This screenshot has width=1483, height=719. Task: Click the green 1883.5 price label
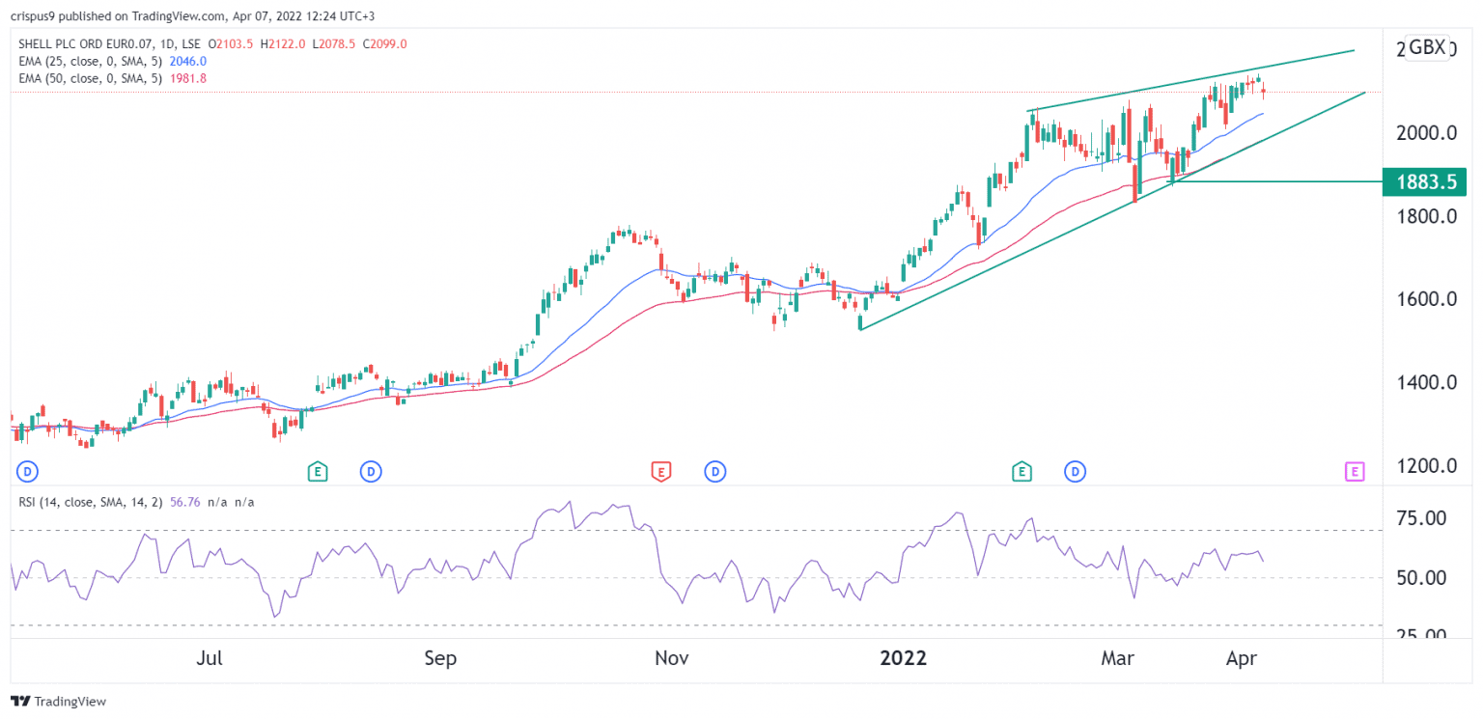click(1424, 181)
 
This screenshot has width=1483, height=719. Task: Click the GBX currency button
click(1427, 47)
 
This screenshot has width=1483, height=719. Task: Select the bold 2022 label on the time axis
click(904, 659)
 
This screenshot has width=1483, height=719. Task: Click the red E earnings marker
click(660, 472)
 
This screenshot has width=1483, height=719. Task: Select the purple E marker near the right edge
click(1355, 472)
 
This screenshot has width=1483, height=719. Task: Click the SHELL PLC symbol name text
click(53, 43)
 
